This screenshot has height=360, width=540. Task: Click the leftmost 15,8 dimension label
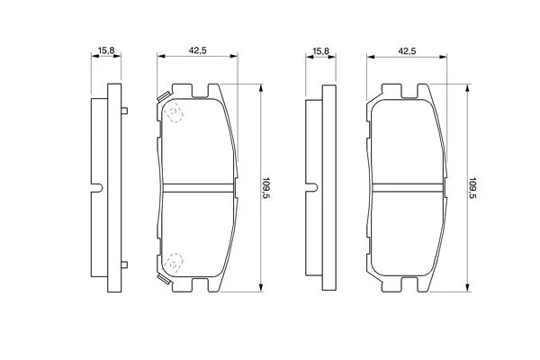tap(106, 50)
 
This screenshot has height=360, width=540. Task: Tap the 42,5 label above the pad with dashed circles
tap(197, 50)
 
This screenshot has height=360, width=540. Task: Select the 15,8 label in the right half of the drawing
tap(320, 51)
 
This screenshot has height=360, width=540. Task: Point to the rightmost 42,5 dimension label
tap(407, 51)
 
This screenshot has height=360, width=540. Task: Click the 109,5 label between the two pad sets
tap(265, 188)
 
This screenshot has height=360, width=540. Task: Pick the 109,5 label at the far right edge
tap(472, 188)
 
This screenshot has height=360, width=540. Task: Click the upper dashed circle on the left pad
tap(175, 112)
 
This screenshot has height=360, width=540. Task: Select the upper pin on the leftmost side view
tap(124, 111)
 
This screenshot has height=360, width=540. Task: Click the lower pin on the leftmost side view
tap(124, 265)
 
